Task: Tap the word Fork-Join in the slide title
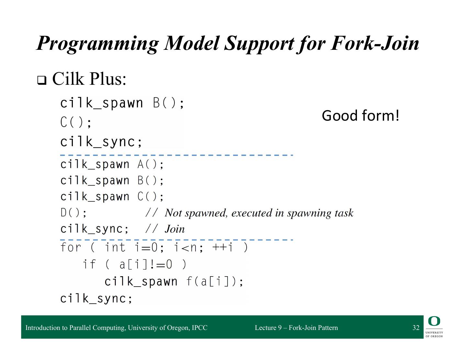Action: pyautogui.click(x=375, y=43)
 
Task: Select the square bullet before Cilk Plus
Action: pyautogui.click(x=41, y=80)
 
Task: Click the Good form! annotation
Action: pyautogui.click(x=361, y=116)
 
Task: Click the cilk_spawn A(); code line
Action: pyautogui.click(x=112, y=164)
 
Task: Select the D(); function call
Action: pyautogui.click(x=74, y=213)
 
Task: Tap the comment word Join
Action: pyautogui.click(x=175, y=229)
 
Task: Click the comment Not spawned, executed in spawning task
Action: pyautogui.click(x=259, y=213)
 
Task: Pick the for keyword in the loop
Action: pyautogui.click(x=71, y=247)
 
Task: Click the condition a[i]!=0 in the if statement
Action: pyautogui.click(x=146, y=265)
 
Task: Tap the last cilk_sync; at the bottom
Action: pyautogui.click(x=96, y=298)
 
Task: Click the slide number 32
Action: pyautogui.click(x=416, y=328)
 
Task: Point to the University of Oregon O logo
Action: pyautogui.click(x=434, y=322)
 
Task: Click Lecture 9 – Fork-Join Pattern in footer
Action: pyautogui.click(x=296, y=328)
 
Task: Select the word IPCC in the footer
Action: pyautogui.click(x=199, y=328)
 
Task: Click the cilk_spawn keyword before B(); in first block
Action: pyautogui.click(x=102, y=103)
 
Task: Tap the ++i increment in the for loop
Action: pyautogui.click(x=223, y=247)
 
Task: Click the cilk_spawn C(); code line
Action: pyautogui.click(x=112, y=197)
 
